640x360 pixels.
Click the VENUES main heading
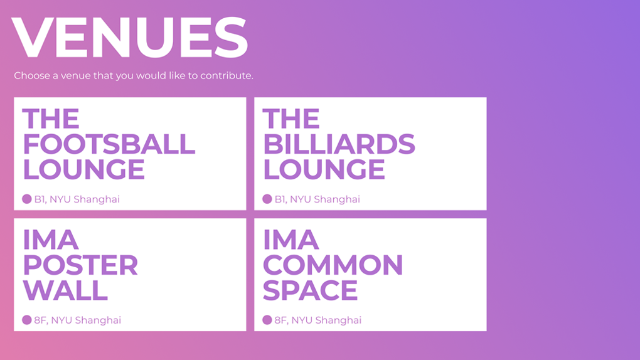coord(129,38)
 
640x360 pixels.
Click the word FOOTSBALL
coord(109,144)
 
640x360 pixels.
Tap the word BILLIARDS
coord(339,144)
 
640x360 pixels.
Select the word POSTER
coord(80,265)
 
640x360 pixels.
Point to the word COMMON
coord(333,265)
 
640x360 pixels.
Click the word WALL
coord(65,290)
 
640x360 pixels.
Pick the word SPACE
coord(310,290)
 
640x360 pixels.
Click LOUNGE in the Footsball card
coord(83,169)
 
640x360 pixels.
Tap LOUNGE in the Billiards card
coord(324,169)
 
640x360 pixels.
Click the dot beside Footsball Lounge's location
coord(27,199)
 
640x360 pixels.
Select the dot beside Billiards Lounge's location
coord(267,199)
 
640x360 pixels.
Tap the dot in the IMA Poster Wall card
coord(27,320)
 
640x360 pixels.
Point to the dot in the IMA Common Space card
coord(267,320)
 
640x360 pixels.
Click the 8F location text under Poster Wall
coord(78,320)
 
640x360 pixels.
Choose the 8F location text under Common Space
coord(318,320)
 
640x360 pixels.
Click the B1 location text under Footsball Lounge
coord(77,199)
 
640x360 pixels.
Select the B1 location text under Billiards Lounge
coord(317,199)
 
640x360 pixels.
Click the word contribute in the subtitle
coord(227,75)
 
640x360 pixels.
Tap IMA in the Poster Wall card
coord(51,240)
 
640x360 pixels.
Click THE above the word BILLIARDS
coord(291,119)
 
